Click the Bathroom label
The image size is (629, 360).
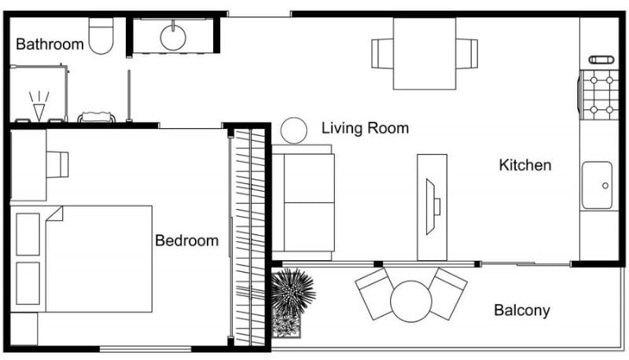(50, 44)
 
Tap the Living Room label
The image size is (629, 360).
(365, 127)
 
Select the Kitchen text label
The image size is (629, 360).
(525, 165)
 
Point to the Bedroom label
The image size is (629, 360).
(186, 241)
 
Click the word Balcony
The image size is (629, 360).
(521, 310)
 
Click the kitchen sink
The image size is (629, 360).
(597, 186)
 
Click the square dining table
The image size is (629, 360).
(425, 53)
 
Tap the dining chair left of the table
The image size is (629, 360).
(383, 53)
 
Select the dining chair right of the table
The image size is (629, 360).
(467, 53)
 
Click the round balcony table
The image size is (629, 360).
(412, 301)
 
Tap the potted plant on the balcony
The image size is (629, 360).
(292, 295)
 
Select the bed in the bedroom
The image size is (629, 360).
(98, 259)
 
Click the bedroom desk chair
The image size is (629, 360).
(59, 163)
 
